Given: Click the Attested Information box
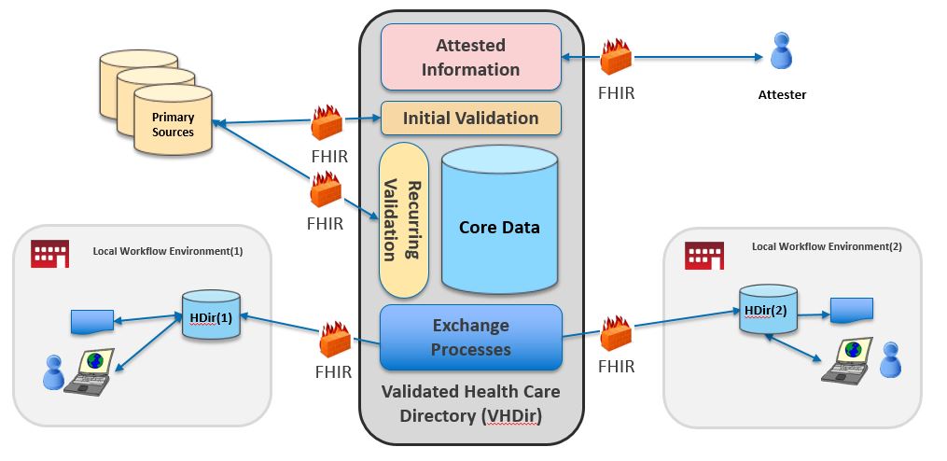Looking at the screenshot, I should point(470,57).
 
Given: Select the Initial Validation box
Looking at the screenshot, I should point(470,119).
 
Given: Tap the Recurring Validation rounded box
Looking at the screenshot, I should point(403,219).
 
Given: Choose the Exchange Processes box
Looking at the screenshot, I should point(470,338).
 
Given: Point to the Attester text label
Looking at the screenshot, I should point(781,94).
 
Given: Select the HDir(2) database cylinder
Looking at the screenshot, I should point(769,309).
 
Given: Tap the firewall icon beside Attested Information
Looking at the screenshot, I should point(617,58).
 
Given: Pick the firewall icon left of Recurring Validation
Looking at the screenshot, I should point(326,191).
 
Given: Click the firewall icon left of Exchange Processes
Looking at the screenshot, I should point(334,340).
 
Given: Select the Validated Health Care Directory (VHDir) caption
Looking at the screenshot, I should point(470,403).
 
